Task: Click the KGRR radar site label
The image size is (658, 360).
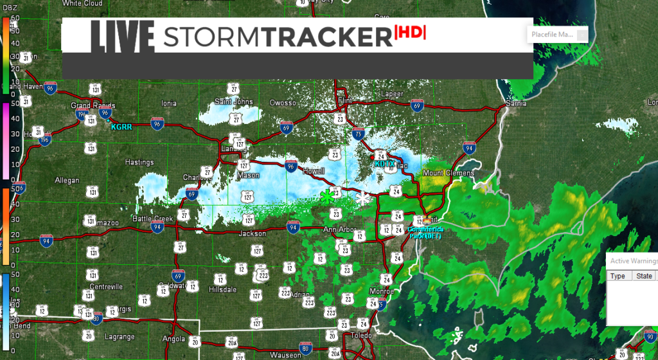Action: point(121,127)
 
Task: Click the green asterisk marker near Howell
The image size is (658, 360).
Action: point(328,197)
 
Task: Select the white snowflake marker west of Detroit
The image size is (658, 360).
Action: point(364,199)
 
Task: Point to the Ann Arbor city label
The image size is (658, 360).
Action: point(339,230)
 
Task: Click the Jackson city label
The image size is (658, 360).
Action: point(252,233)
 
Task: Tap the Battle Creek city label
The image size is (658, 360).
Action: point(153,219)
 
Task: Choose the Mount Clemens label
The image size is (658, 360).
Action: point(449,173)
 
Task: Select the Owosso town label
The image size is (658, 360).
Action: point(282,103)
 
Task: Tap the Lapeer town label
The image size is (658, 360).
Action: point(392,94)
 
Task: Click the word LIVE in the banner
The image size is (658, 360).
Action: point(122,37)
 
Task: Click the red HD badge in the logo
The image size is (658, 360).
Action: point(410,33)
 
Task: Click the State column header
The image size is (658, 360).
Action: point(643,276)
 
